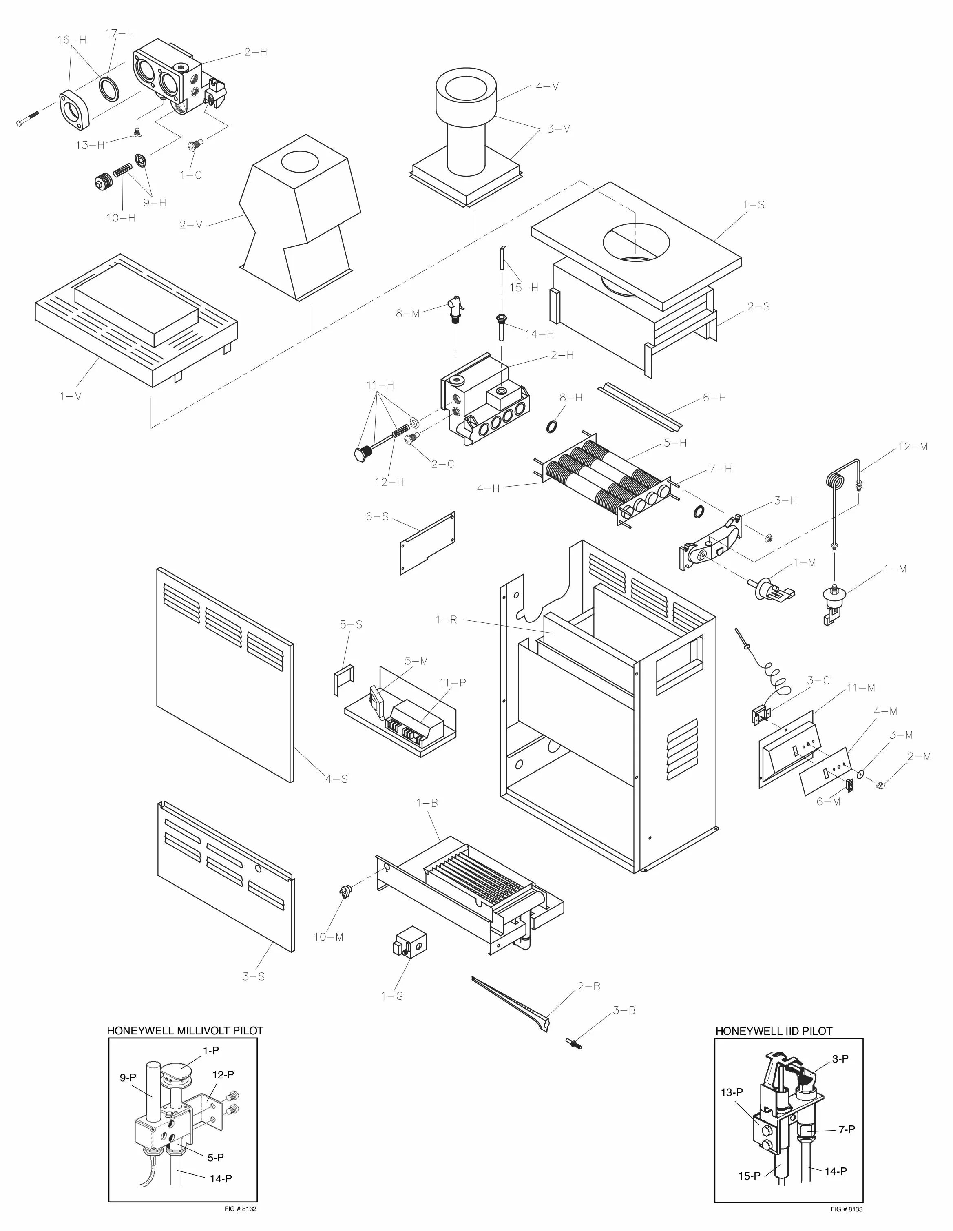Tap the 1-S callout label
tap(754, 205)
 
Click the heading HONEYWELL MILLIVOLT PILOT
tap(185, 1031)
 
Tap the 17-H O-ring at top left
tap(109, 89)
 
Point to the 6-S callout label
tap(377, 516)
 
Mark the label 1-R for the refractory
tap(446, 620)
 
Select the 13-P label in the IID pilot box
tap(732, 1092)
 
